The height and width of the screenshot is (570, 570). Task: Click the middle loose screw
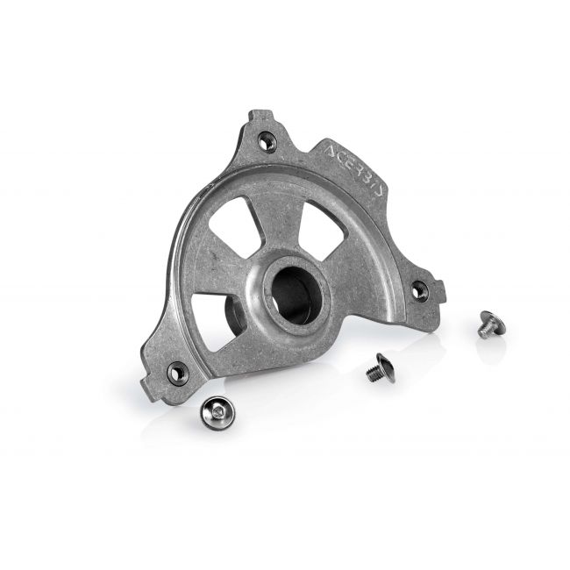click(379, 365)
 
